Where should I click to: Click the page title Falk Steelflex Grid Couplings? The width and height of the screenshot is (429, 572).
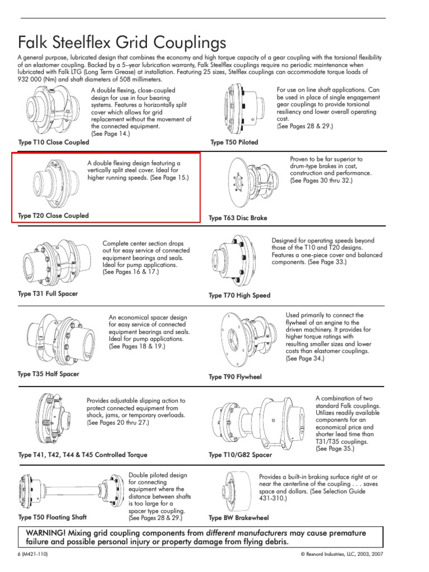[x=122, y=42]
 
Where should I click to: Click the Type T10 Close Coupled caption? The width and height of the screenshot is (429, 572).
[x=54, y=142]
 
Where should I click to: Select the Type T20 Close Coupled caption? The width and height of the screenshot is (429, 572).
[x=54, y=216]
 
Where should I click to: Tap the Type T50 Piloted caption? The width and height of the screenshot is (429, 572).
[x=234, y=142]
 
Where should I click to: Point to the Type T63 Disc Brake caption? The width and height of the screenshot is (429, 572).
[x=238, y=218]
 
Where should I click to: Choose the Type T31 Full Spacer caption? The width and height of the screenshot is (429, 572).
[x=48, y=294]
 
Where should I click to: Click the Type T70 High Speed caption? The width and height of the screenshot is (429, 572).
[x=239, y=295]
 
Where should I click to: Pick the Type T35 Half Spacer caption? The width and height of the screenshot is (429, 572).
[x=49, y=374]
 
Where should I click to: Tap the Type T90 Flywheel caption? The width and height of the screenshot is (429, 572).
[x=235, y=377]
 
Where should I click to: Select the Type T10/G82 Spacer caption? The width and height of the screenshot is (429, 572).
[x=240, y=455]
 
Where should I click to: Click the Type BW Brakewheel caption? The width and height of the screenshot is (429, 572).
[x=239, y=518]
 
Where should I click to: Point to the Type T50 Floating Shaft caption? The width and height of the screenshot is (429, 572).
[x=53, y=517]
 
